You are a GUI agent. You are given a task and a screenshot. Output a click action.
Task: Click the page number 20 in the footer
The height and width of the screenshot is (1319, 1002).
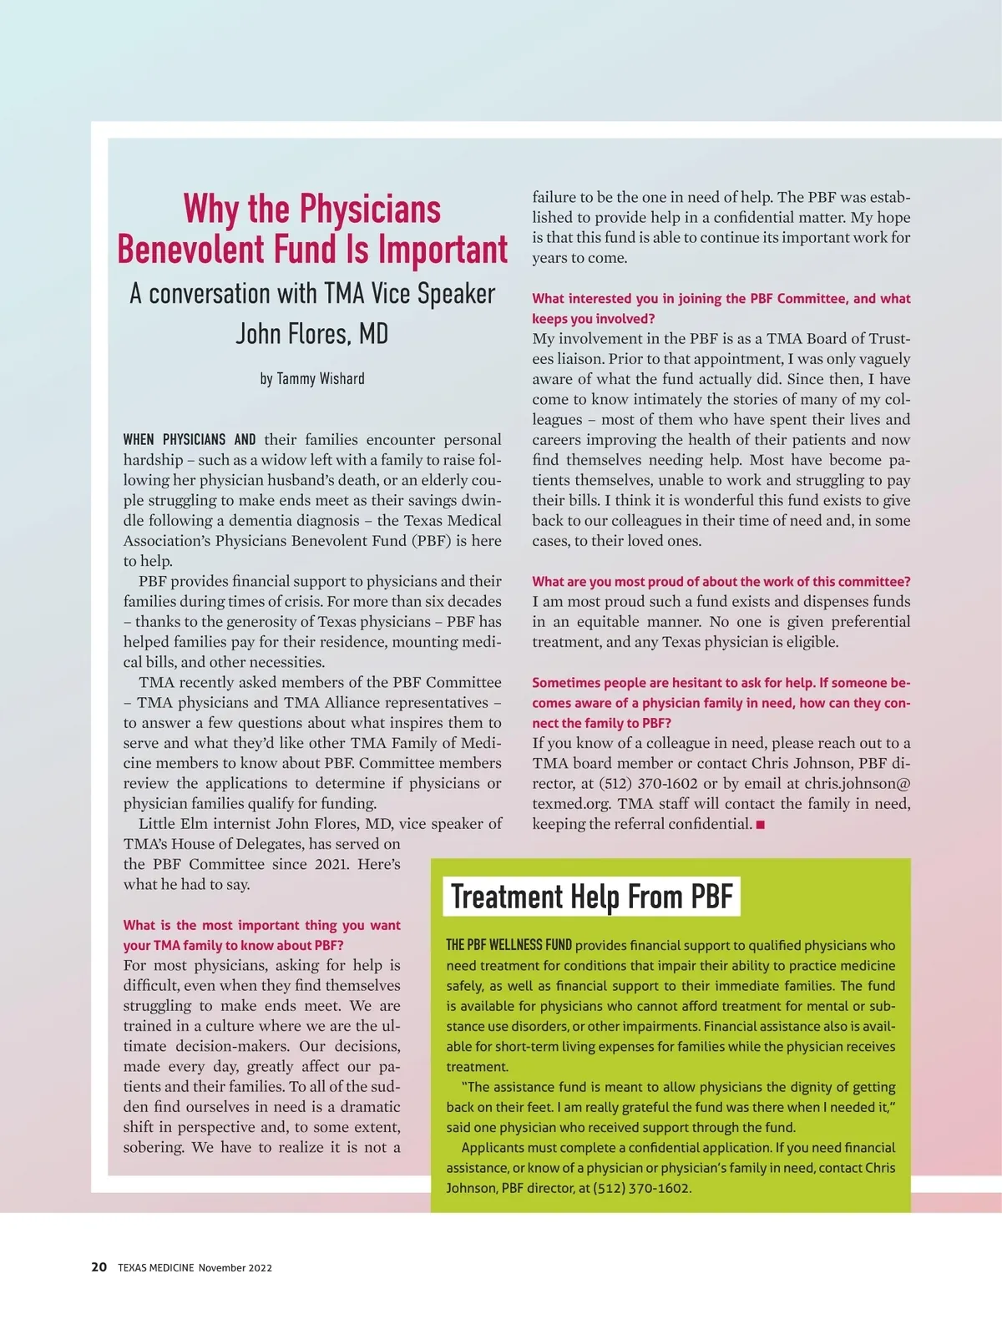pos(99,1266)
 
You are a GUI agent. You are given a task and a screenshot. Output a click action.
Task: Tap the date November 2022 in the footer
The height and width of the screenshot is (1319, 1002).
pos(235,1267)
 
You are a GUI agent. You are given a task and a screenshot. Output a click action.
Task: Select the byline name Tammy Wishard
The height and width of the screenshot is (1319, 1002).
pos(321,378)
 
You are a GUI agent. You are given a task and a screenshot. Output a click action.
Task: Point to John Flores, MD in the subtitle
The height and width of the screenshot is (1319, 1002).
pos(311,334)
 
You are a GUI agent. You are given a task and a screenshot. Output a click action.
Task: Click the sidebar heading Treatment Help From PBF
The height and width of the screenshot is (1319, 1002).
pos(591,897)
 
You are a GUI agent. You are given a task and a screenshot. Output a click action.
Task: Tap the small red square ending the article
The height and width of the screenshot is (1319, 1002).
pos(760,825)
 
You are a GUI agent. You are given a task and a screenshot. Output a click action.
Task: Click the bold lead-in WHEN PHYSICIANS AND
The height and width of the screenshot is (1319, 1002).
pos(190,440)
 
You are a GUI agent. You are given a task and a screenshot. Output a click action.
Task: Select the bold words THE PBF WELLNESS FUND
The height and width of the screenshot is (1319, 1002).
pos(509,945)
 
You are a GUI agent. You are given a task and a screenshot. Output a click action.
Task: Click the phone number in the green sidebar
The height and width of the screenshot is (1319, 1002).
pos(641,1188)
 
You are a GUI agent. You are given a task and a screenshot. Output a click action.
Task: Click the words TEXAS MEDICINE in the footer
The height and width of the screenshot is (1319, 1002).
pos(155,1267)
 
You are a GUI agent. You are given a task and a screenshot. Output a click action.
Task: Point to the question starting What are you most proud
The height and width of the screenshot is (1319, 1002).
pos(721,582)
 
